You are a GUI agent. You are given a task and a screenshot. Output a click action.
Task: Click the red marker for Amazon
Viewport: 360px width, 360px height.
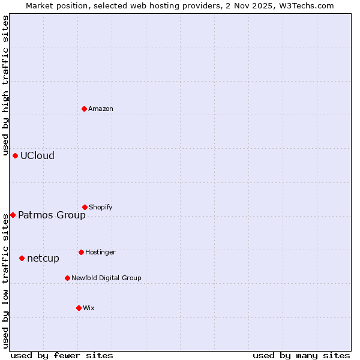coord(84,109)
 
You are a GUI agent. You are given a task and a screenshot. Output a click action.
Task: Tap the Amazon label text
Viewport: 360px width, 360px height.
coord(101,109)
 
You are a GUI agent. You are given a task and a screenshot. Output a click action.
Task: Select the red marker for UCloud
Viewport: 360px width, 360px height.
coord(15,155)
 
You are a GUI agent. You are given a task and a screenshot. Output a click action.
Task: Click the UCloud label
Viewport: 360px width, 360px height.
coord(37,155)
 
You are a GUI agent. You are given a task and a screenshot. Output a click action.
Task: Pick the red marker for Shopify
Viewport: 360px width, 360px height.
coord(85,207)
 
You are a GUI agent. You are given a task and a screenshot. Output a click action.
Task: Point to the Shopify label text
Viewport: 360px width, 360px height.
coord(101,207)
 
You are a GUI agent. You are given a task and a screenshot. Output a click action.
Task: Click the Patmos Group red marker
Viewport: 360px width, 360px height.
coord(13,215)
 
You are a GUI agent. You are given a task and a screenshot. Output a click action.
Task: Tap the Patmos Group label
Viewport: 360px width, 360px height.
coord(52,215)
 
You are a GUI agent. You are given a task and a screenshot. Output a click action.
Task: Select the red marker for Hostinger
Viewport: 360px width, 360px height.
coord(81,252)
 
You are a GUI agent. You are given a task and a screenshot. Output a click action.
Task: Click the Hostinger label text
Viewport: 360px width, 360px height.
coord(100,252)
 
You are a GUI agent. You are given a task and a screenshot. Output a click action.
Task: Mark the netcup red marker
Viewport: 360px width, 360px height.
coord(22,258)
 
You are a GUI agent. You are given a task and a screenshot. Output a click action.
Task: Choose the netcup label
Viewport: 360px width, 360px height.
coord(43,258)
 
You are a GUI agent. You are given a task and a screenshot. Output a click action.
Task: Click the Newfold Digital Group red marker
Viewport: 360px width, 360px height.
coord(67,278)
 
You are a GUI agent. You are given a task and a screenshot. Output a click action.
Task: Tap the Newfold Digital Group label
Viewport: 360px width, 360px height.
coord(106,278)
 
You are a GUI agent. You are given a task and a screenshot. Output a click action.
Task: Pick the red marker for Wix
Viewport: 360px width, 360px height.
coord(79,308)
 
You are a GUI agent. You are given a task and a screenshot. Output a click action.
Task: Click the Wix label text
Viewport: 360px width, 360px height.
coord(89,308)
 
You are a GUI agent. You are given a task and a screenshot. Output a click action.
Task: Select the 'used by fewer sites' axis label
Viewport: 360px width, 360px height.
coord(62,355)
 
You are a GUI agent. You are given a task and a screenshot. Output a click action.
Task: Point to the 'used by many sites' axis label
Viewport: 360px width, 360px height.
coord(301,355)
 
